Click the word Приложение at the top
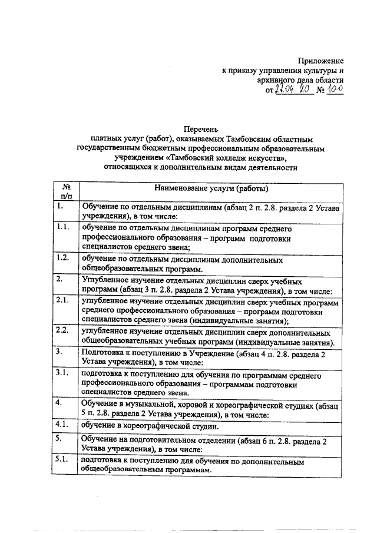click(x=320, y=61)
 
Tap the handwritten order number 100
click(x=334, y=89)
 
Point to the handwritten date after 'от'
click(x=292, y=89)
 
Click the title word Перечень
click(x=201, y=129)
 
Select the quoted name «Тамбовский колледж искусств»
click(x=227, y=158)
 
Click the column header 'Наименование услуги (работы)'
click(x=211, y=189)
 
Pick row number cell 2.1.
click(x=62, y=300)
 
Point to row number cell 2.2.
click(x=62, y=330)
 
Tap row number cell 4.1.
click(x=62, y=423)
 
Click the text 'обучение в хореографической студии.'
click(x=150, y=426)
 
